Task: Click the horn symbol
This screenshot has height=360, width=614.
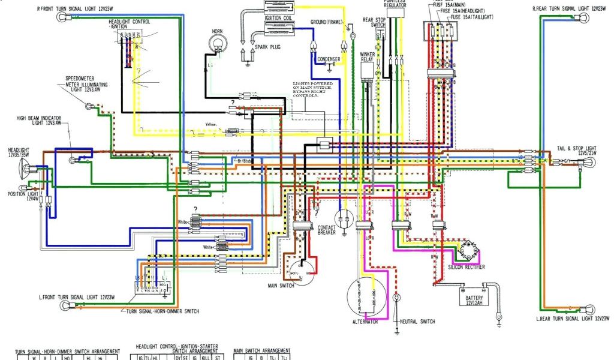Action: (218, 44)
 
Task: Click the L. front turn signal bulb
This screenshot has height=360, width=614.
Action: (64, 307)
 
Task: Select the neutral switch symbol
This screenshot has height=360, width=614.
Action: (396, 298)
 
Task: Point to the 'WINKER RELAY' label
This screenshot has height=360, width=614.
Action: (368, 57)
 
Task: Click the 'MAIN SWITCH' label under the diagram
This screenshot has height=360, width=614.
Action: (279, 286)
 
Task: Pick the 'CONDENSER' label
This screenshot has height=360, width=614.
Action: (329, 59)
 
